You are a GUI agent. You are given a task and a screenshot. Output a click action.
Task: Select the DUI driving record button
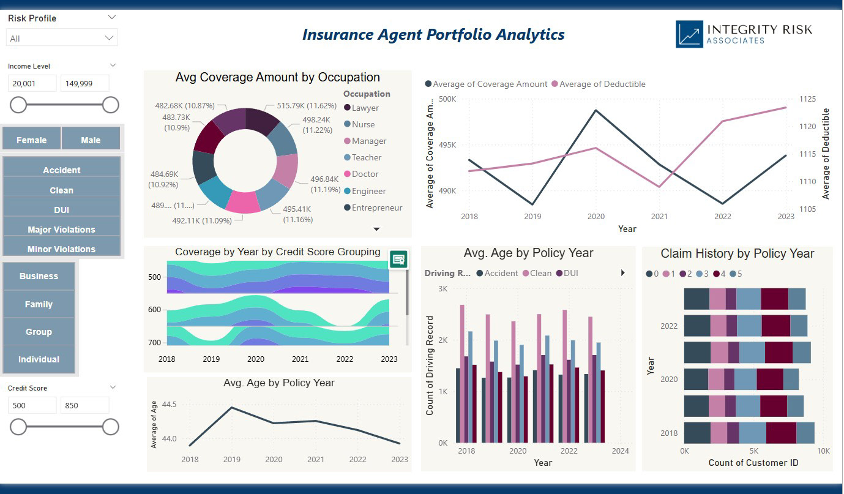61,209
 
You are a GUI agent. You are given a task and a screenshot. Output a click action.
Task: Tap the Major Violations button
61,230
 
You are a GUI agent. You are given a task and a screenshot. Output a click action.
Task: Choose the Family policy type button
39,304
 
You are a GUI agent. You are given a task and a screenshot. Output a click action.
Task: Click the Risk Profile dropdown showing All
62,38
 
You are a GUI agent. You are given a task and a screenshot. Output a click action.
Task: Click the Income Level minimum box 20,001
32,83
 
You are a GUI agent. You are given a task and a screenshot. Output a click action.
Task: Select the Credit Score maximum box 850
85,405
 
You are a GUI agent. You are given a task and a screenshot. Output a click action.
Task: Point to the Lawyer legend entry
361,108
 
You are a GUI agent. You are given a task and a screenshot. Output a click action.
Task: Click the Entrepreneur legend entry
373,208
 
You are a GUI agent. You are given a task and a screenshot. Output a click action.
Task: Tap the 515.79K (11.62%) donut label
307,105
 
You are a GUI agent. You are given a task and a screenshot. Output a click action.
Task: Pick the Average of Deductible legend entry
599,84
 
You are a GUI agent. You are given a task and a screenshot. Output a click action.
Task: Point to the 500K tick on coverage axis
447,99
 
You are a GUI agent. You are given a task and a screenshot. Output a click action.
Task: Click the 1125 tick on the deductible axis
807,99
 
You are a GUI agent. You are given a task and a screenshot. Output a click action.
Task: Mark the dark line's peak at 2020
596,110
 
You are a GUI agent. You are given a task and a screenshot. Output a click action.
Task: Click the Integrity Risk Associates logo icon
689,34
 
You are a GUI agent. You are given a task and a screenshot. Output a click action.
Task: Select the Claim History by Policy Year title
738,253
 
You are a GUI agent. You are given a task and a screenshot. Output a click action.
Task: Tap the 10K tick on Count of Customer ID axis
823,451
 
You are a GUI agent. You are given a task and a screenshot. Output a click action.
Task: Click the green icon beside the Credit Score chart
398,260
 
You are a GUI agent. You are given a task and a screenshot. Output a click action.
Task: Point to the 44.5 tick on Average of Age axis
169,404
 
